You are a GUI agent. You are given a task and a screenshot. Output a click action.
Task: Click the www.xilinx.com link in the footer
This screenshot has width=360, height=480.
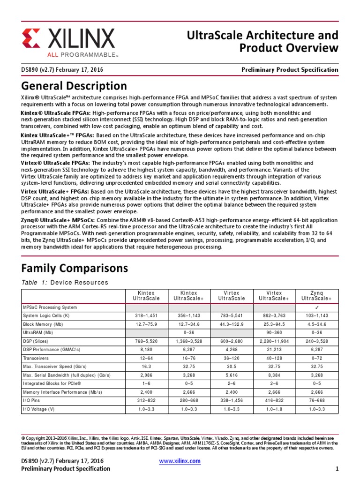coord(180,461)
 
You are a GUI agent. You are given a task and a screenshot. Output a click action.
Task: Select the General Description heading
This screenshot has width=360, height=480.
coord(74,86)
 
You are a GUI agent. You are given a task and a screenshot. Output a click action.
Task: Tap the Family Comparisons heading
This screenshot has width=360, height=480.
coord(75,268)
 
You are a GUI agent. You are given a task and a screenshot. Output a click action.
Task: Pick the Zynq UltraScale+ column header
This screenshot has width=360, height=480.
coord(316,295)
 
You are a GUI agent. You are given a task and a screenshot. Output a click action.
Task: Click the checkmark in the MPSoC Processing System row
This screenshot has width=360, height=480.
coord(316,307)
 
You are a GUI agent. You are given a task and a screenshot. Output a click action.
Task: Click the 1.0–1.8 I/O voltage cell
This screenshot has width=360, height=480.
coord(274,409)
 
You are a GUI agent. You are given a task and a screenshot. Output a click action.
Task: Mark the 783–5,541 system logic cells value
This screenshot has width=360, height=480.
coord(232,315)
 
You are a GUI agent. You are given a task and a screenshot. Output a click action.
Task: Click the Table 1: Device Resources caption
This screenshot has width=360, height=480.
coord(65,282)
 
